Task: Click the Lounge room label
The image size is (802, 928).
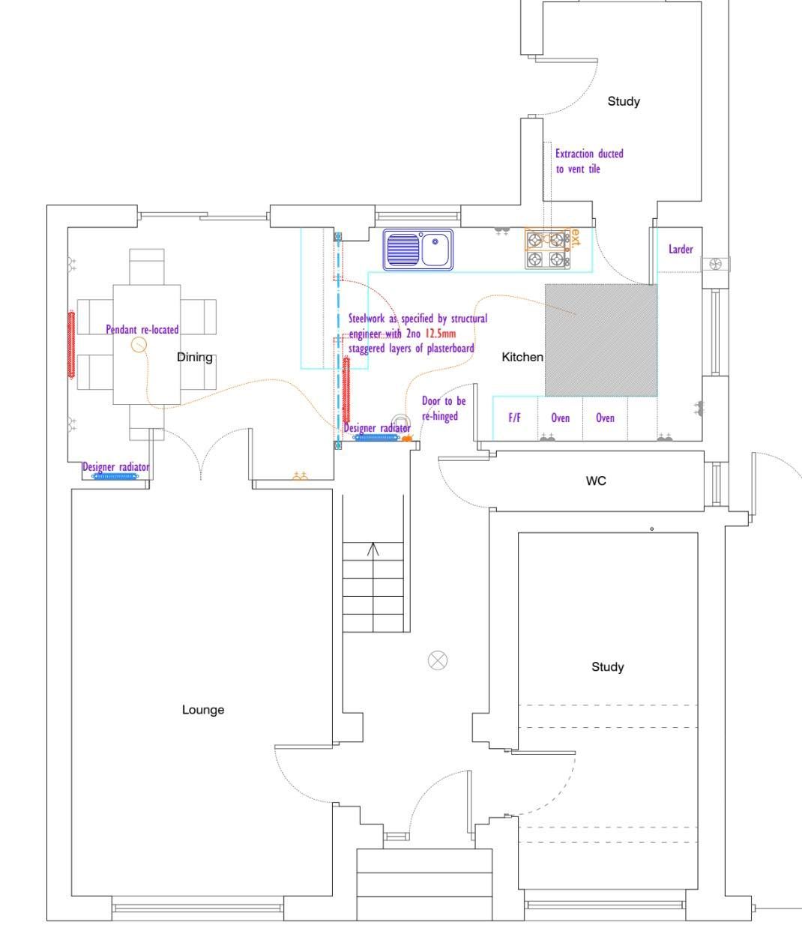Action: pyautogui.click(x=203, y=710)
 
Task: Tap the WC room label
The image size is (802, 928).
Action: pyautogui.click(x=596, y=480)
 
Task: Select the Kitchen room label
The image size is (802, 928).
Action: pyautogui.click(x=522, y=358)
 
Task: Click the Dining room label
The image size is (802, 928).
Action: pyautogui.click(x=194, y=358)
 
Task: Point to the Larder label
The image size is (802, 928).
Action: pyautogui.click(x=681, y=249)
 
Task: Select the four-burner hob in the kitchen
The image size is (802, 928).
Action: pyautogui.click(x=546, y=249)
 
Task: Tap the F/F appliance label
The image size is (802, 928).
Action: pyautogui.click(x=515, y=418)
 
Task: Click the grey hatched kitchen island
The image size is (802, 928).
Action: pyautogui.click(x=601, y=340)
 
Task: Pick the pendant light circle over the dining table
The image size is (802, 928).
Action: pyautogui.click(x=139, y=345)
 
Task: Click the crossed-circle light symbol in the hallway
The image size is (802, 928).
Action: pyautogui.click(x=438, y=660)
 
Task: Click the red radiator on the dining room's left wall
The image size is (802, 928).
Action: pyautogui.click(x=71, y=345)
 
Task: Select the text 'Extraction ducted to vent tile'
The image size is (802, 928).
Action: pyautogui.click(x=588, y=161)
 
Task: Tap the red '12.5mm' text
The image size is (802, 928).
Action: pyautogui.click(x=441, y=334)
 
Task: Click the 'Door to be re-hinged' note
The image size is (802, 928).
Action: pyautogui.click(x=444, y=409)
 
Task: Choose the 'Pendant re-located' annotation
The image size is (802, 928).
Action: pyautogui.click(x=142, y=330)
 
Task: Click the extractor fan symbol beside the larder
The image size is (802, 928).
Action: pyautogui.click(x=715, y=264)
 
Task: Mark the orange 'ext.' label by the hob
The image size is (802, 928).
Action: pyautogui.click(x=575, y=238)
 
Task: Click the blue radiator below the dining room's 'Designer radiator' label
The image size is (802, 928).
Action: pyautogui.click(x=115, y=476)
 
